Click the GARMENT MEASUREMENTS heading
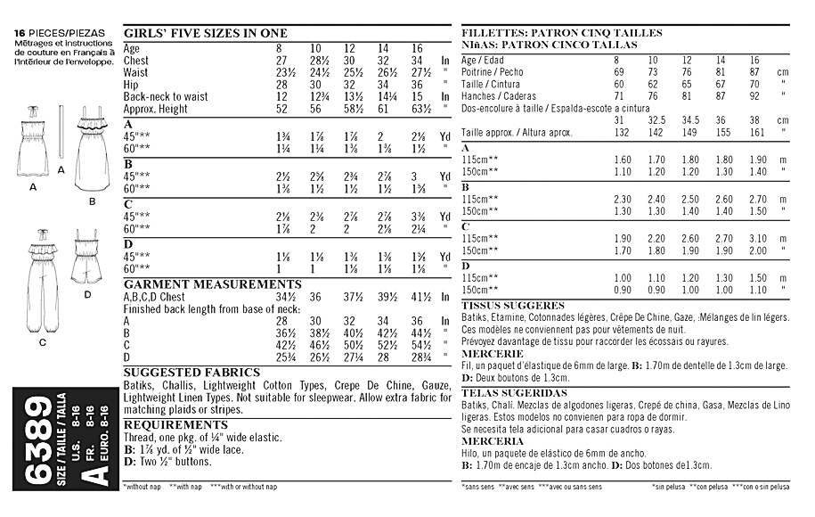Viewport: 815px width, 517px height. tap(200, 284)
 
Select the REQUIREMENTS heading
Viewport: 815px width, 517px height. tap(175, 425)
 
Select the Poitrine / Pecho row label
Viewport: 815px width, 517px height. tap(493, 71)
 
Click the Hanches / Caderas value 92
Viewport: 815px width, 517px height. tap(756, 95)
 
